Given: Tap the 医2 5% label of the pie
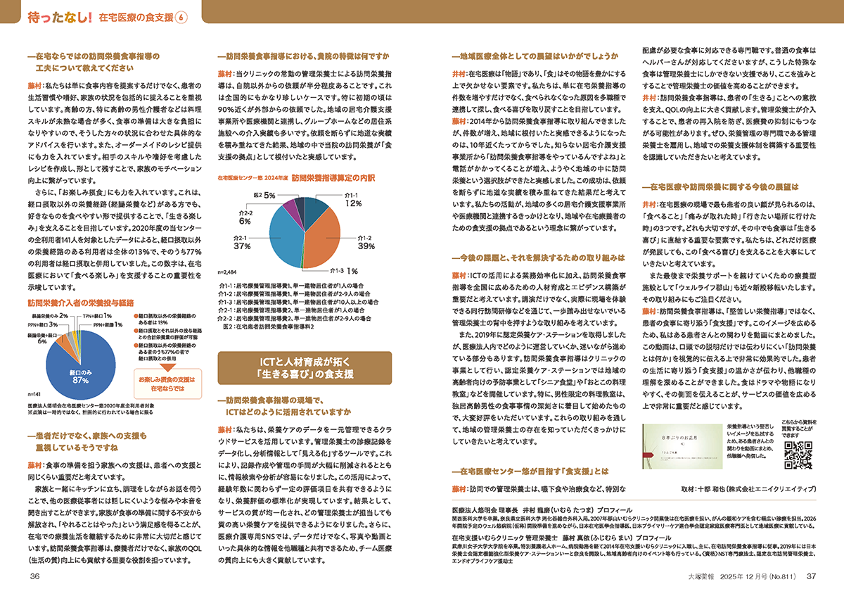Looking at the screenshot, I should click(x=264, y=194).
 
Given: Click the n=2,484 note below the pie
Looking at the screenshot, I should click(x=229, y=270).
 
